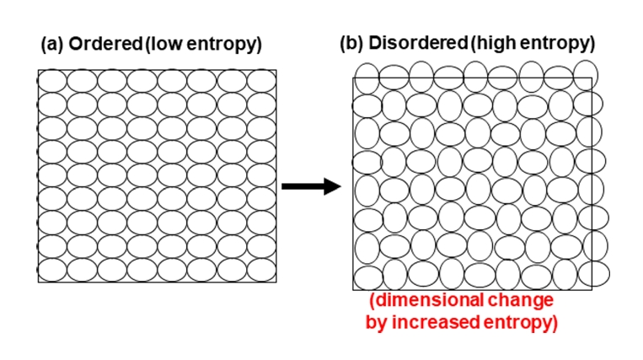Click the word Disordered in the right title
(412, 43)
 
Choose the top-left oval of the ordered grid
(52, 81)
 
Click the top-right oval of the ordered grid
(262, 81)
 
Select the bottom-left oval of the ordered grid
(52, 272)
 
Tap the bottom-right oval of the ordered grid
(262, 272)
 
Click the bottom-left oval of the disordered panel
(367, 277)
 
